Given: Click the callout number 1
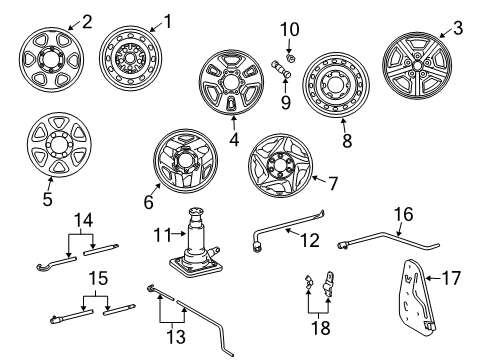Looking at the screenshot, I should (167, 20).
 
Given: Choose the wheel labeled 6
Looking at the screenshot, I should (185, 160).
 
